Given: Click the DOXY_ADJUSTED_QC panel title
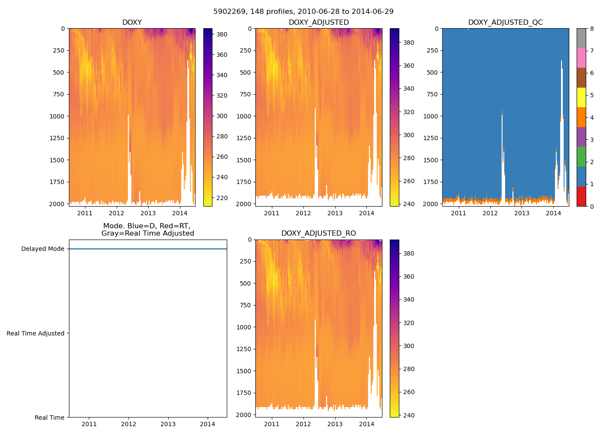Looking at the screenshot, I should (505, 23).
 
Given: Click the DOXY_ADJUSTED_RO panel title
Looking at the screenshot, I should (318, 233).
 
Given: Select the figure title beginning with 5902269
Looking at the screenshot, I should (303, 12).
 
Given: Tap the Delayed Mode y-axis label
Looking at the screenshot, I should (42, 249).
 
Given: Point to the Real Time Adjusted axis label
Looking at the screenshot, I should (36, 333).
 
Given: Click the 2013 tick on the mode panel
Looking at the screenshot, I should (168, 424).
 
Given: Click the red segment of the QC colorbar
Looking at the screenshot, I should (581, 196).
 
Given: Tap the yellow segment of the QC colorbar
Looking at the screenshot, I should (581, 97).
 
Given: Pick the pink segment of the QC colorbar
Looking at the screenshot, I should (581, 58).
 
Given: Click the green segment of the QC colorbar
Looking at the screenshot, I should (581, 157).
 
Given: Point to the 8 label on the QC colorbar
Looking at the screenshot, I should (591, 29).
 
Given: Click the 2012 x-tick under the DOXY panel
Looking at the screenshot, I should (116, 213).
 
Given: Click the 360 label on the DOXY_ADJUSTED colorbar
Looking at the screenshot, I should (408, 66).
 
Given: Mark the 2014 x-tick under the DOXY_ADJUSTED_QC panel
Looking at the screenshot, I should (553, 213).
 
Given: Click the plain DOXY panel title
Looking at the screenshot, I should (132, 23).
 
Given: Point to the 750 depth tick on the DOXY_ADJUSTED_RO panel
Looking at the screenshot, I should (245, 305).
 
